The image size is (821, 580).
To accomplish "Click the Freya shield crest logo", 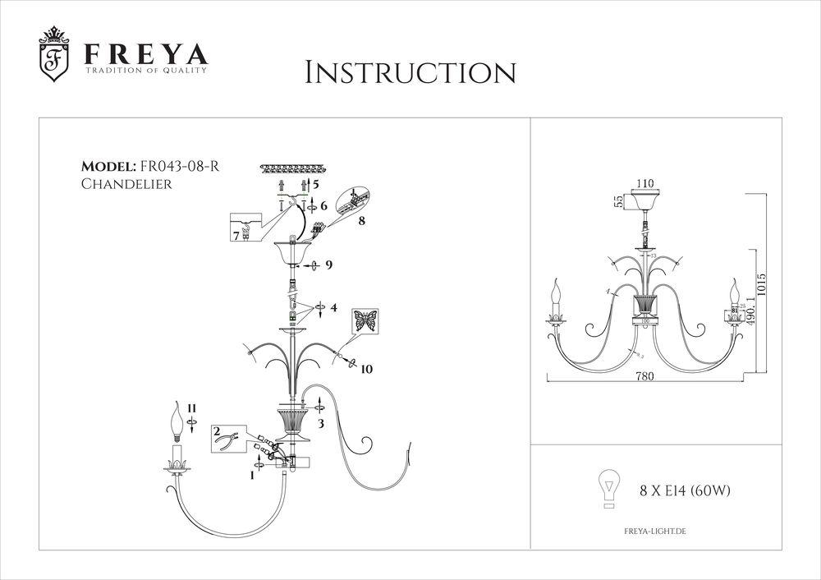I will [55, 56].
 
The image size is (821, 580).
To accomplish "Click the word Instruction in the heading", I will [410, 72].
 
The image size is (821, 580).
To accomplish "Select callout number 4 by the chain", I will [333, 308].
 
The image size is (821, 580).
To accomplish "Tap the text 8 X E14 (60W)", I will [685, 491].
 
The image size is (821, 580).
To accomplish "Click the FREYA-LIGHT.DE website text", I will [649, 533].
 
